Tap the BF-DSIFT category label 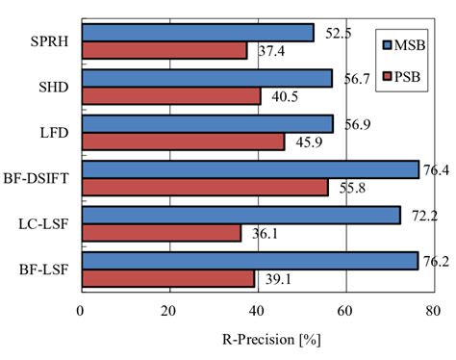pos(39,178)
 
